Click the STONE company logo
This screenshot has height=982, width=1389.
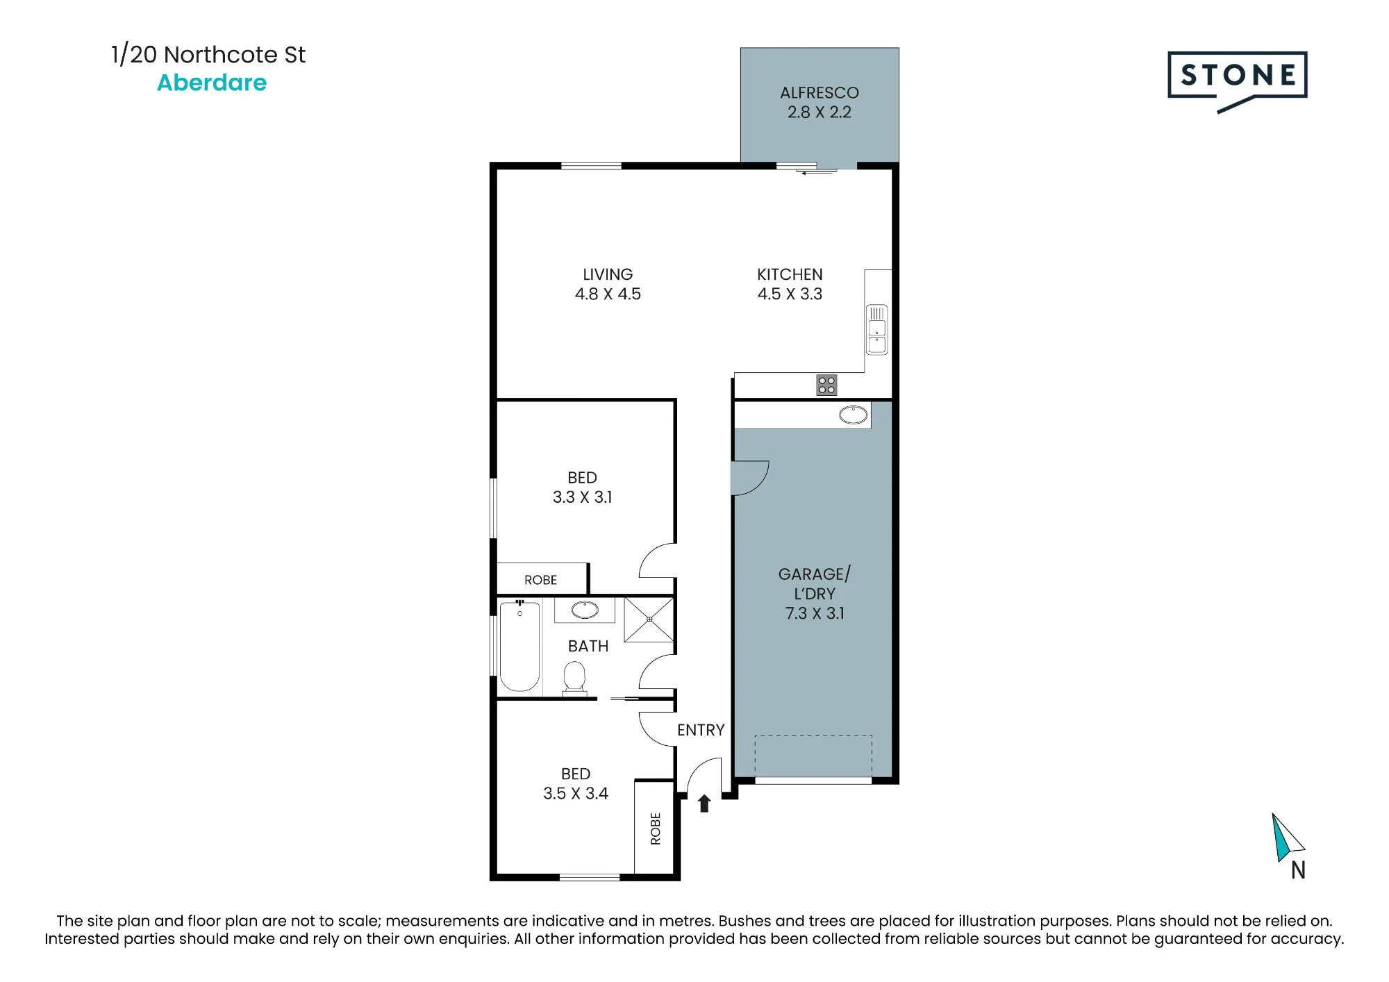[1237, 81]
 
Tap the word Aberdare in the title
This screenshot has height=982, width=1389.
[212, 83]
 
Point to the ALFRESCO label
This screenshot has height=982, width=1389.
[820, 93]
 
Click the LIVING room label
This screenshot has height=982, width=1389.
[608, 275]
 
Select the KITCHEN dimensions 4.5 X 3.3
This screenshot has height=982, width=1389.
[790, 294]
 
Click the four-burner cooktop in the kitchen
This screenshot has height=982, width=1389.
[826, 385]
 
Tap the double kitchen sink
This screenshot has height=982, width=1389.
[877, 330]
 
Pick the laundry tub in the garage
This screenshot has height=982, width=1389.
[854, 415]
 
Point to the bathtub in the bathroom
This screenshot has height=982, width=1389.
[519, 647]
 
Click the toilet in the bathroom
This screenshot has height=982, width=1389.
[574, 677]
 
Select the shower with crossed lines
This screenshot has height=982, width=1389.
[649, 619]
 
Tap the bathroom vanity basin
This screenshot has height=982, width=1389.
[585, 610]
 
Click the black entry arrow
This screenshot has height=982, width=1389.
[704, 804]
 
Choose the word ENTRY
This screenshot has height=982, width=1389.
[701, 730]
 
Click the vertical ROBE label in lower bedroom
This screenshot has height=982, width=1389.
[656, 829]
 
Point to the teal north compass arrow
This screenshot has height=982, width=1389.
[1281, 838]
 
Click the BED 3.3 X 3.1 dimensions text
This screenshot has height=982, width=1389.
[582, 497]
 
